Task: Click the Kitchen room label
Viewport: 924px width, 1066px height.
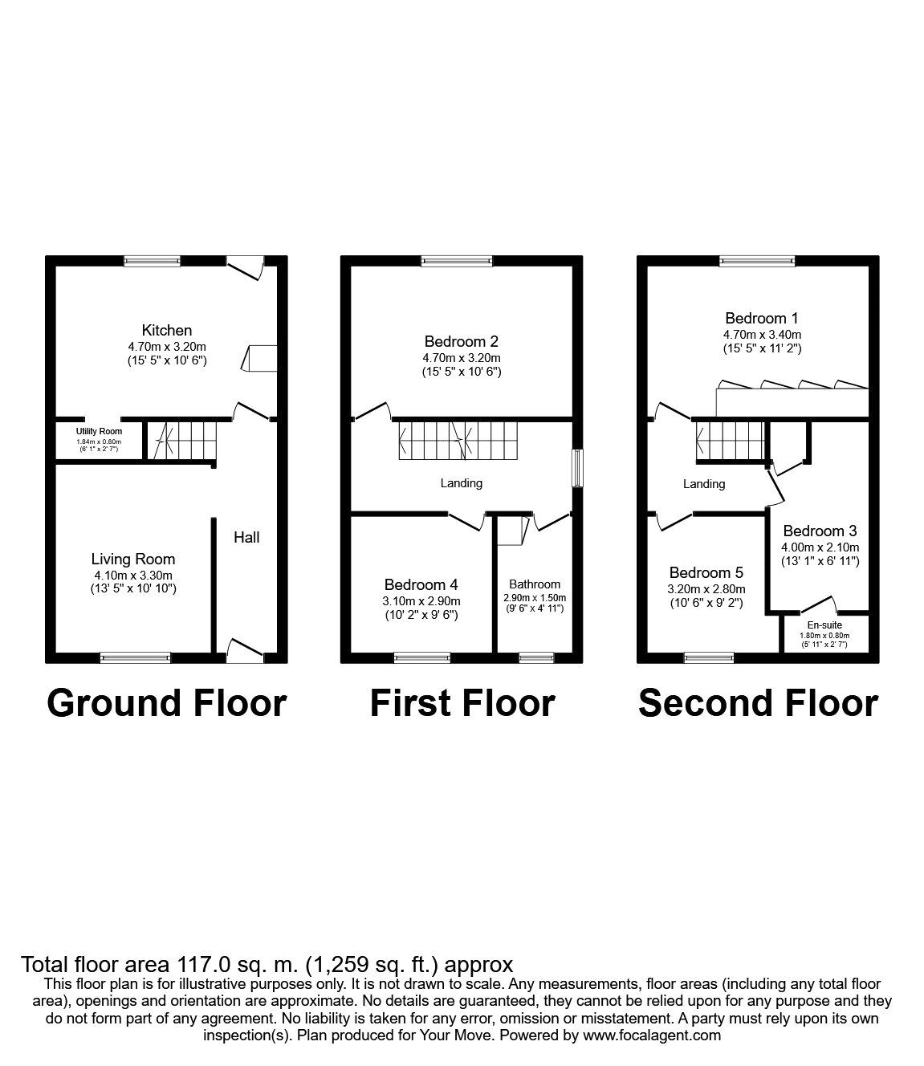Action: (x=167, y=330)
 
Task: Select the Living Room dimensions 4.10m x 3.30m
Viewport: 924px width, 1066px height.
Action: (x=133, y=575)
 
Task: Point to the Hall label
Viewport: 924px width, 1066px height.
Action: (x=246, y=537)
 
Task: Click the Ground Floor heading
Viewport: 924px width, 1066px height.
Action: (x=167, y=702)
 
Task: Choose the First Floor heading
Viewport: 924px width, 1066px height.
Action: (x=462, y=702)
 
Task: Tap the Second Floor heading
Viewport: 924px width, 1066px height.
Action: (x=758, y=702)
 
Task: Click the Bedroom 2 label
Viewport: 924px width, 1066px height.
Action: (x=462, y=341)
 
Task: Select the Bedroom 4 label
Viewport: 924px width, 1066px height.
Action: (x=421, y=584)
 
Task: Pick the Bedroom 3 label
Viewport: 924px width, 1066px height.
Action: (x=820, y=531)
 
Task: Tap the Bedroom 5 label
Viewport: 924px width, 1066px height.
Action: (x=706, y=572)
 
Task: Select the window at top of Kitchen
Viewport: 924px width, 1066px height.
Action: (x=153, y=260)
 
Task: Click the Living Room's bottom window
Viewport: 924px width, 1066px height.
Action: (x=135, y=657)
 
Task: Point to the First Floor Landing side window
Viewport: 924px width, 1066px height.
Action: (x=577, y=467)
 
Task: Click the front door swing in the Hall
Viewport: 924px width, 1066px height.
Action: (x=245, y=649)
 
